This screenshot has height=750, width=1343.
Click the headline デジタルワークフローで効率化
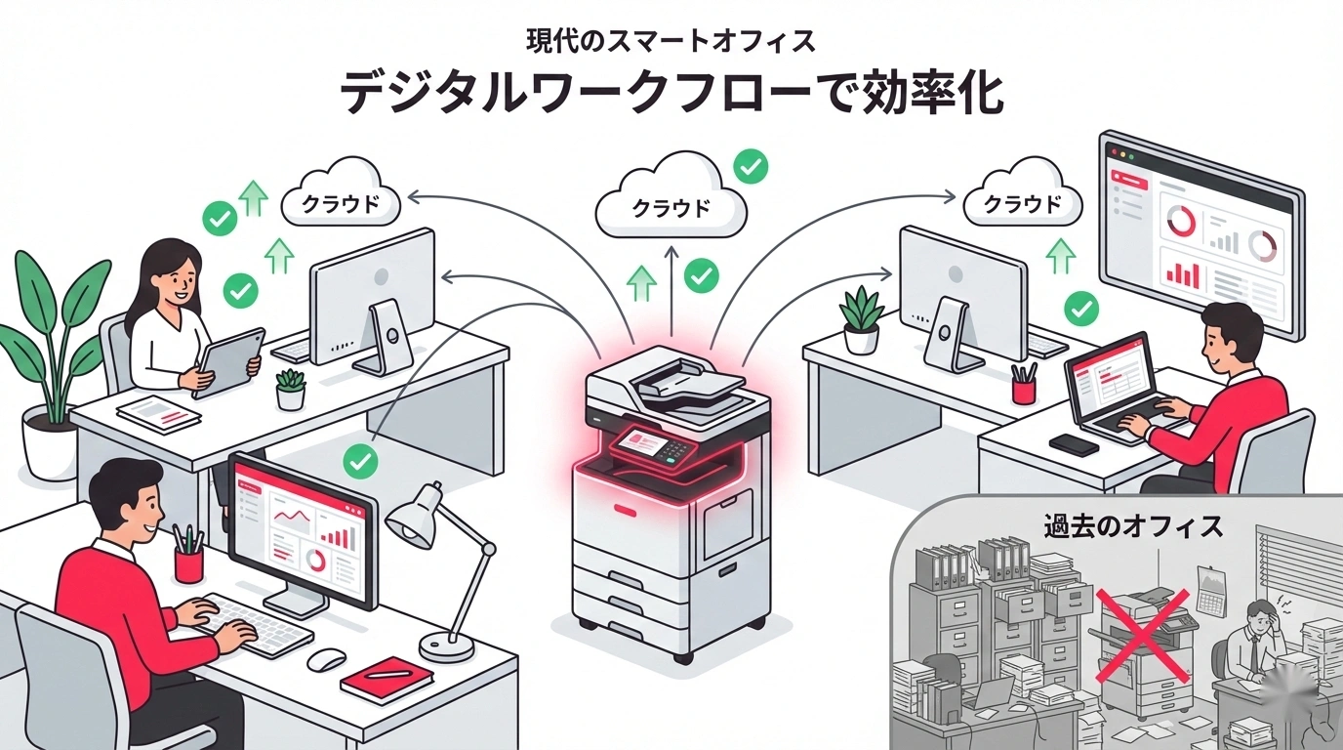coord(671,96)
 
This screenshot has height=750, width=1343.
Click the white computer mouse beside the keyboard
coord(326,659)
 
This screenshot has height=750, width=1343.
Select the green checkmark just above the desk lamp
coord(362,458)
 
